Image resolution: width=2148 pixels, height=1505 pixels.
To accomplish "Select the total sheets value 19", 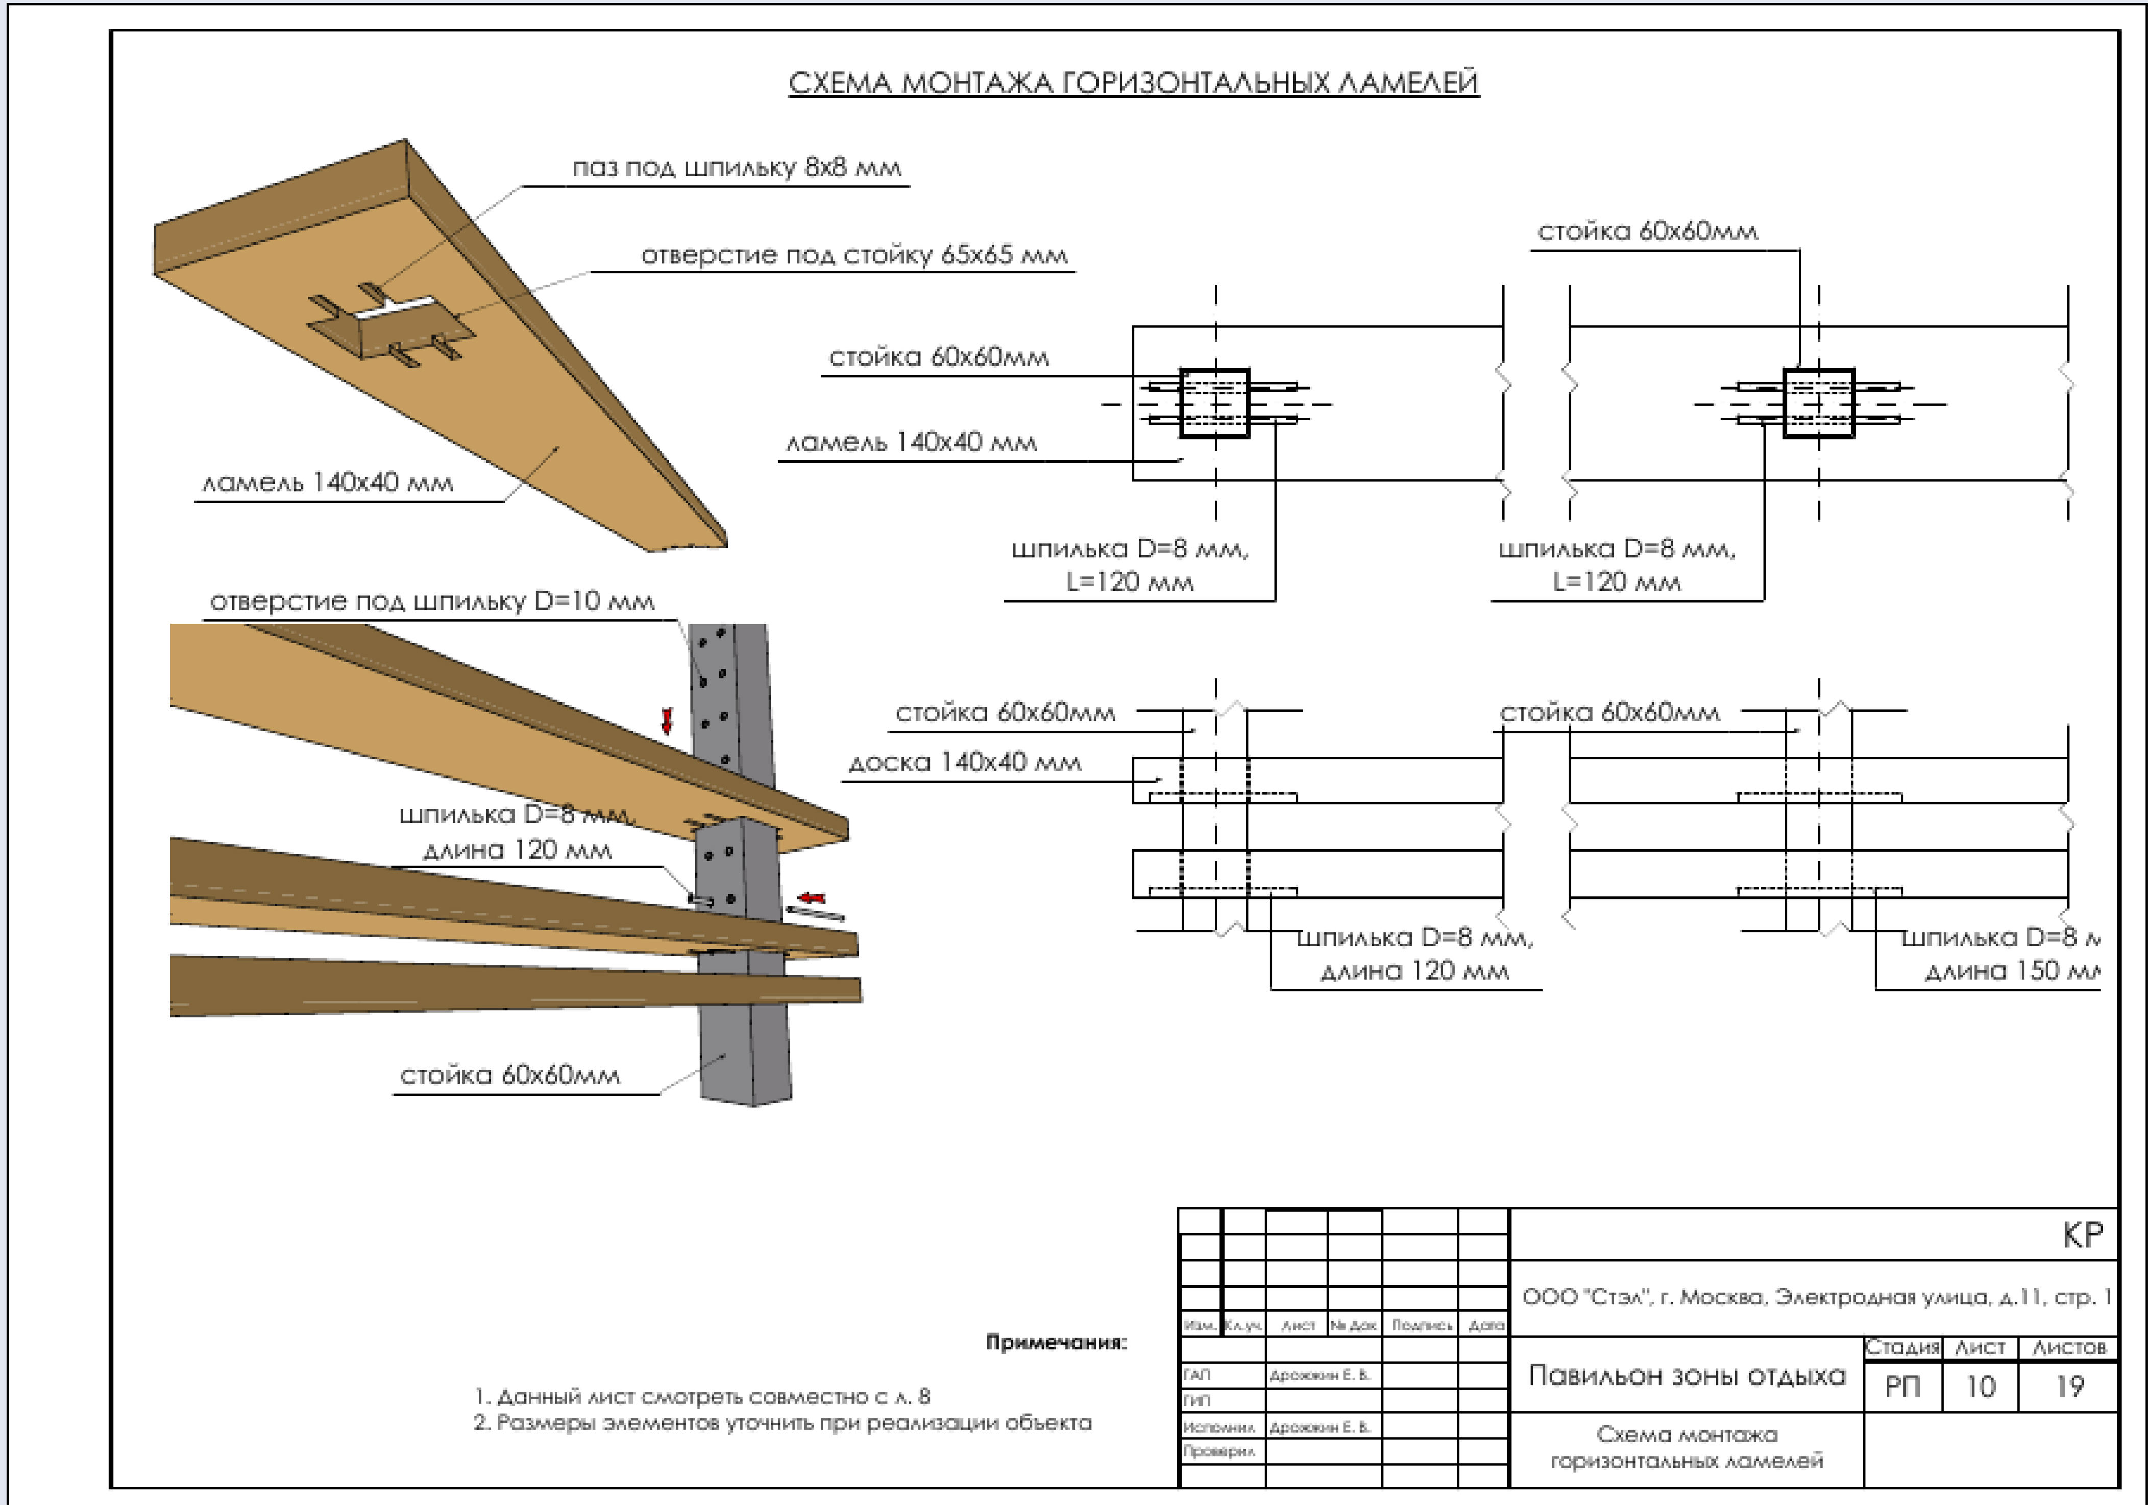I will (x=2068, y=1386).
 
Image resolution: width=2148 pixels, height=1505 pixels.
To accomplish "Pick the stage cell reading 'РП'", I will (x=1902, y=1386).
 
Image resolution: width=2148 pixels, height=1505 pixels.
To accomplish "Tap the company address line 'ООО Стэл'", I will (x=1815, y=1297).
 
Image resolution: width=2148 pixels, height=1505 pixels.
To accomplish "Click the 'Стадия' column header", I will (x=1902, y=1347).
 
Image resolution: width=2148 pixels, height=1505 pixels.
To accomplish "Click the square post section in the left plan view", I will (x=1214, y=403).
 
